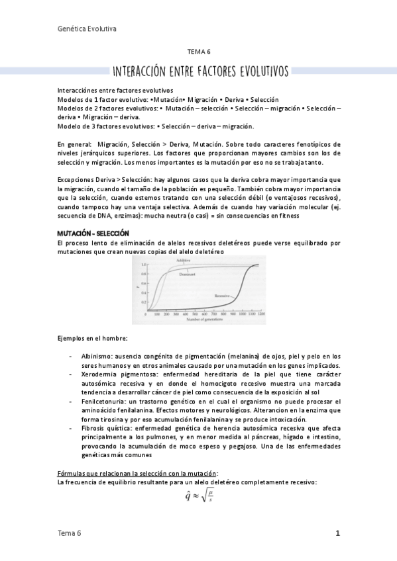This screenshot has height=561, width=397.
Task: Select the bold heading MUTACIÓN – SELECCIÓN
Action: coord(93,234)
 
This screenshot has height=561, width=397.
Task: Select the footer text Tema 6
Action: coord(70,534)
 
